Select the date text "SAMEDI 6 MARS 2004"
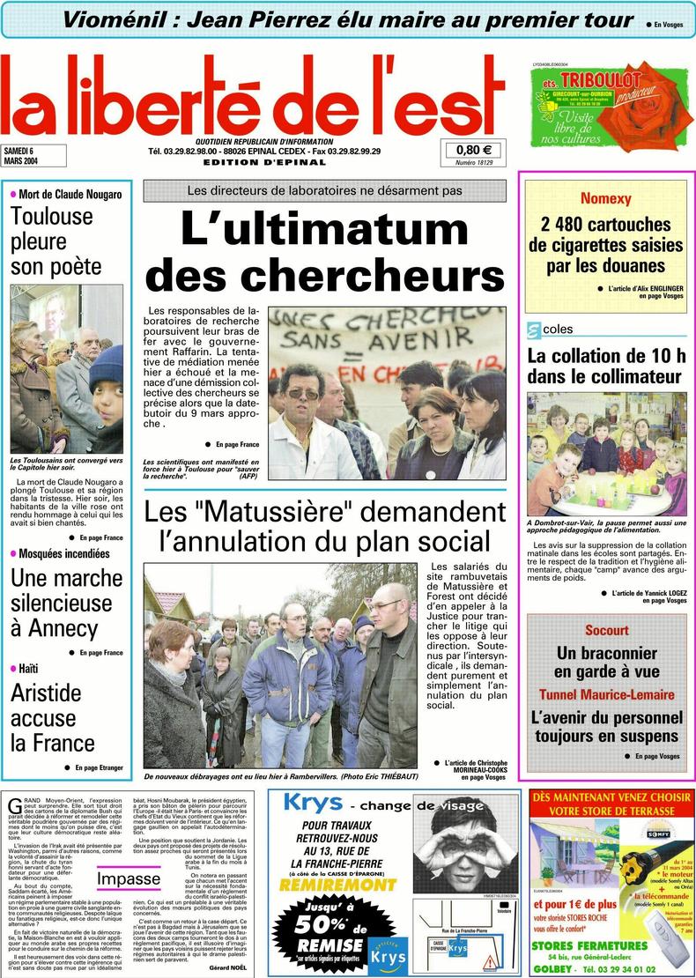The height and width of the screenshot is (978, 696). [x=24, y=155]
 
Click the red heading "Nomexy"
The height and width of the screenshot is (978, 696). [x=605, y=199]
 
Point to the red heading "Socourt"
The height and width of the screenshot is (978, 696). [x=606, y=630]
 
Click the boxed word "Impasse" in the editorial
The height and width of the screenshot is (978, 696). [x=129, y=878]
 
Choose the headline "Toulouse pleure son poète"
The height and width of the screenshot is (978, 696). [x=56, y=241]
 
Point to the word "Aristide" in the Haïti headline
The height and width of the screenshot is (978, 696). [x=46, y=693]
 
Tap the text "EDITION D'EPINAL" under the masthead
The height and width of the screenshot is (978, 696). [x=252, y=162]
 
